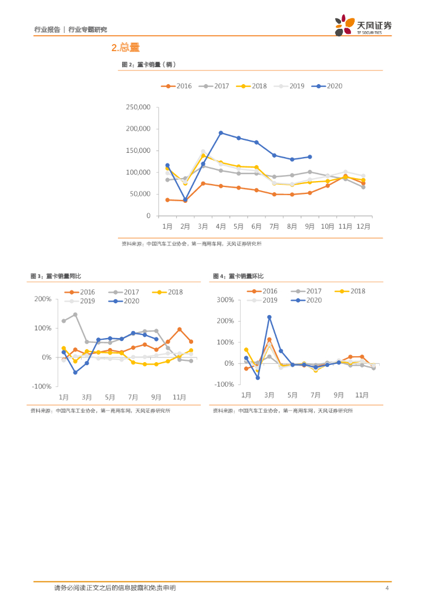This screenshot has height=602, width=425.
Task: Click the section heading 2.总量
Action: pyautogui.click(x=126, y=48)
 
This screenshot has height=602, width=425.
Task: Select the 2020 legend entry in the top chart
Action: pyautogui.click(x=328, y=86)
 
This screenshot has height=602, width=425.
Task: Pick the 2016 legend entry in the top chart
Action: pyautogui.click(x=177, y=86)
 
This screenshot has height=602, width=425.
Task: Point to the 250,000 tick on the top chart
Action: pyautogui.click(x=139, y=107)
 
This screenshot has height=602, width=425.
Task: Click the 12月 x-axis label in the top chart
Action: pyautogui.click(x=363, y=226)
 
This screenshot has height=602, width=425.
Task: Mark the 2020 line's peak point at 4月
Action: pyautogui.click(x=221, y=133)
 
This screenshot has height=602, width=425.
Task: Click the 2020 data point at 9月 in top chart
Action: pyautogui.click(x=310, y=157)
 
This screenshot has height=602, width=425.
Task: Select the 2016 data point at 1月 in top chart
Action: pyautogui.click(x=167, y=200)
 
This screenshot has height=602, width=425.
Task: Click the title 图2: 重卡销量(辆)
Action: pyautogui.click(x=149, y=65)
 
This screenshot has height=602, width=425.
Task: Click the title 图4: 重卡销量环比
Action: pyautogui.click(x=238, y=276)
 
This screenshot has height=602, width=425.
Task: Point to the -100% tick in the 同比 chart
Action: pyautogui.click(x=43, y=386)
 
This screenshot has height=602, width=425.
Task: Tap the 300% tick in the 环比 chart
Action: pyautogui.click(x=225, y=300)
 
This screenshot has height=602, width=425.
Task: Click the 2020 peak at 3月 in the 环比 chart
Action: pyautogui.click(x=269, y=317)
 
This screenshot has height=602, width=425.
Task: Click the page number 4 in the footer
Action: pyautogui.click(x=386, y=588)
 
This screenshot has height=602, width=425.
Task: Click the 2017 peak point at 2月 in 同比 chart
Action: pyautogui.click(x=75, y=315)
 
